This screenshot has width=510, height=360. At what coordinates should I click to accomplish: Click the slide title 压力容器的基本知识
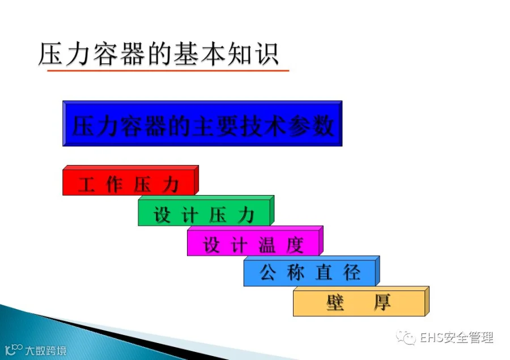[159, 54]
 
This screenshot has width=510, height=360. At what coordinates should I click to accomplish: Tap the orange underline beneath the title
[168, 70]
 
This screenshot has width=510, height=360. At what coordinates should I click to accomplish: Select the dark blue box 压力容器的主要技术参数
[202, 124]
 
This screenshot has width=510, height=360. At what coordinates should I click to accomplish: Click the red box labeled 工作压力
[130, 180]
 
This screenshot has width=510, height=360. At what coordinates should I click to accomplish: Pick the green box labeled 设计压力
[206, 210]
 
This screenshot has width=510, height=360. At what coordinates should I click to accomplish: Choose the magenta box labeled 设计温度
[255, 241]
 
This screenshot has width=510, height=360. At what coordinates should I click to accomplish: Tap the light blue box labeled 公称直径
[312, 271]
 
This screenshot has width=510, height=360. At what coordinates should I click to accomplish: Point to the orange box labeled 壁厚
[361, 301]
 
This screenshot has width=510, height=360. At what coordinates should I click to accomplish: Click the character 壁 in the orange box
[335, 302]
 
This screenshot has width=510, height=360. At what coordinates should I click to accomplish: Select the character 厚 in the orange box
[382, 302]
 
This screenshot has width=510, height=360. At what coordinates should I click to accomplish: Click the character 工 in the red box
[86, 185]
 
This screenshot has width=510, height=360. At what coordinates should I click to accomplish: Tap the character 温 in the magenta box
[267, 245]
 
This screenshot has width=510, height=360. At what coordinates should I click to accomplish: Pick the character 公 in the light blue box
[268, 273]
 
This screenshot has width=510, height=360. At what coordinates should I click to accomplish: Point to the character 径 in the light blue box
[351, 273]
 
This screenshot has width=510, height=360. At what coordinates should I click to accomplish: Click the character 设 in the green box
[162, 215]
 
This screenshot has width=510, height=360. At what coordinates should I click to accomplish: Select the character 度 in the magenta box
[295, 245]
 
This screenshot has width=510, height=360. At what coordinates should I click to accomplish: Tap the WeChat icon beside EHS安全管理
[406, 337]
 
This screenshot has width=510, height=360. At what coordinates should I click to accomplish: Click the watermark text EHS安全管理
[456, 337]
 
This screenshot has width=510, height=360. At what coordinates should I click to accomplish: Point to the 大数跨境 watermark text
[46, 350]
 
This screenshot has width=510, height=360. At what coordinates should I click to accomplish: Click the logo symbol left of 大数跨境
[14, 349]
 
